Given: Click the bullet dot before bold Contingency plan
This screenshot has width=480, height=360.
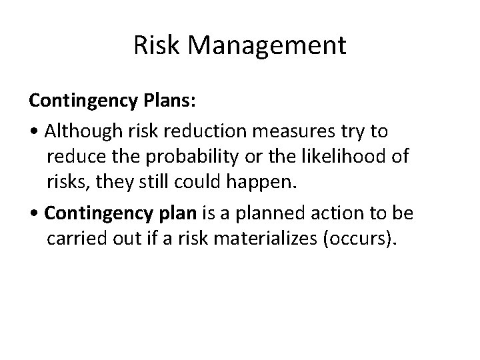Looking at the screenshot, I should (33, 214).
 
